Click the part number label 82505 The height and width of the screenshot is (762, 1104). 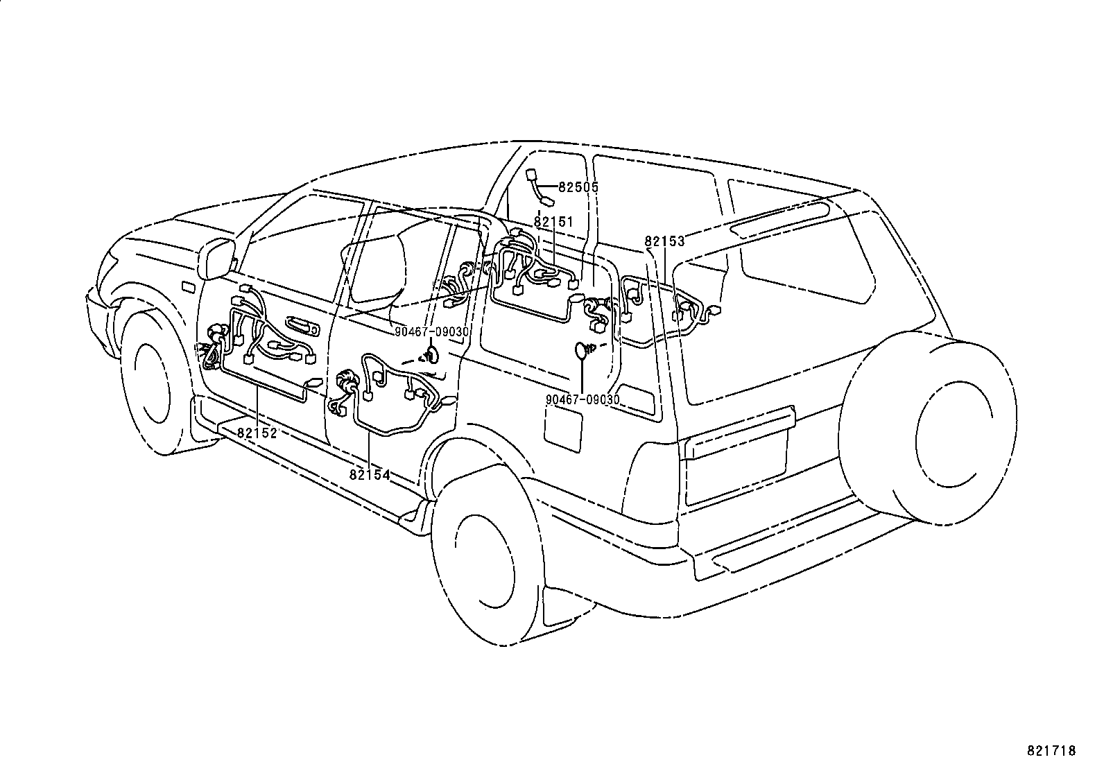click(x=578, y=187)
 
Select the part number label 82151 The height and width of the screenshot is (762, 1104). click(x=553, y=222)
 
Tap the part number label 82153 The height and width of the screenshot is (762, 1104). click(x=664, y=241)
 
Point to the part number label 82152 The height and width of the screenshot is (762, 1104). click(x=257, y=433)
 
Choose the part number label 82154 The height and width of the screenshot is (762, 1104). click(x=370, y=475)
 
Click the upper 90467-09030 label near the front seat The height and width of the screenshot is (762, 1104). click(x=432, y=332)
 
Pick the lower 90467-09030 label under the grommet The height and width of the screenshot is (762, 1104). click(x=583, y=400)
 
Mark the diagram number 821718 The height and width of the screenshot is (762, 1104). click(x=1051, y=750)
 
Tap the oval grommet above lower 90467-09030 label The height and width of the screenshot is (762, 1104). click(x=580, y=351)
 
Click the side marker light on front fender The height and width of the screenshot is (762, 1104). click(x=187, y=286)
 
